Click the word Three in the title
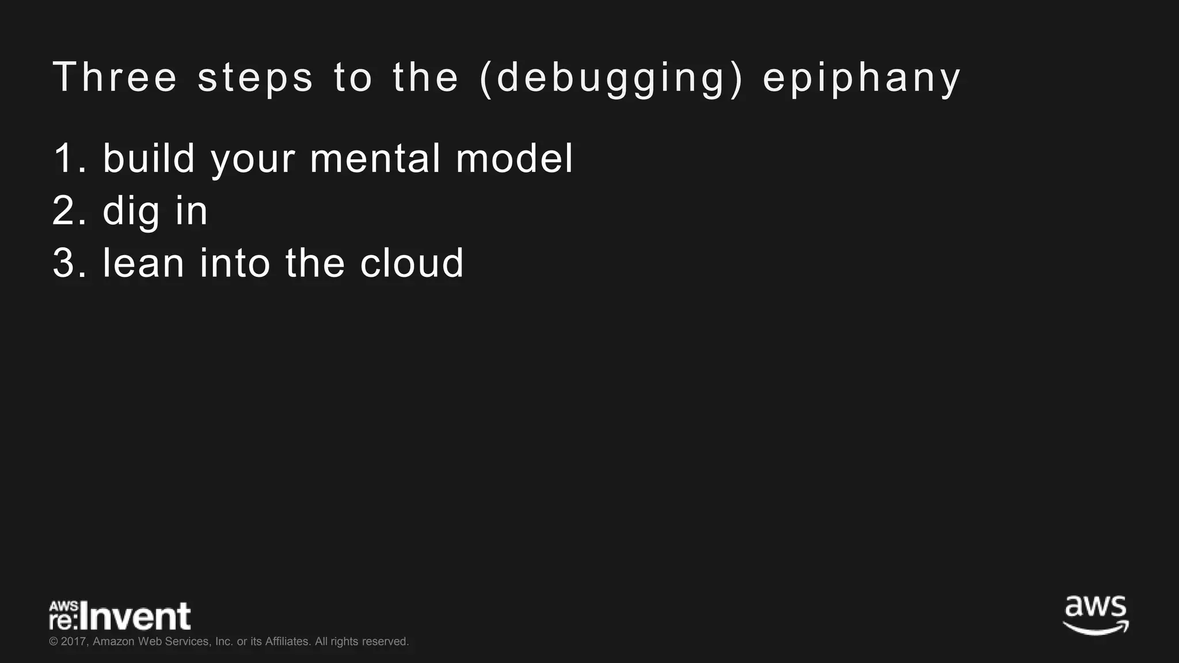tap(115, 77)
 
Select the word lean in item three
tap(143, 263)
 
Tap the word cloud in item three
tap(412, 263)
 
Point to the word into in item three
tap(235, 263)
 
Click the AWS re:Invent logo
tap(120, 616)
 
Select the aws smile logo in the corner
tap(1096, 615)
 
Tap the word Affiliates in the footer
tap(287, 642)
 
